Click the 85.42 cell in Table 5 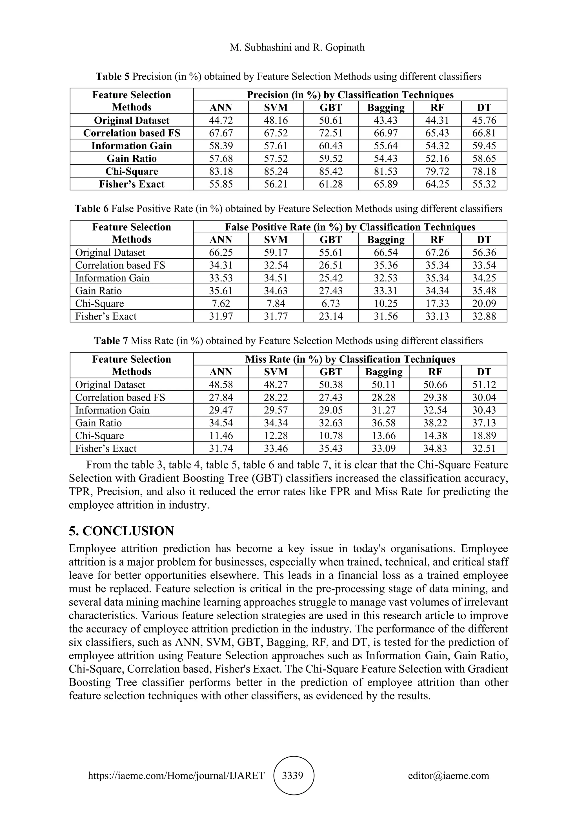point(330,171)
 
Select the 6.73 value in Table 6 point(330,303)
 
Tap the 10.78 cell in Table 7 point(330,436)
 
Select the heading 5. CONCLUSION point(121,531)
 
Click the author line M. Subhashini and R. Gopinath point(297,48)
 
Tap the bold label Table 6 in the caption point(91,209)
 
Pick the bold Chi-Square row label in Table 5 point(132,171)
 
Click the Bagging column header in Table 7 point(384,372)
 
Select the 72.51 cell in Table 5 point(330,133)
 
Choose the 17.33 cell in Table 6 point(437,303)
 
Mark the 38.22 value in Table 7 point(435,423)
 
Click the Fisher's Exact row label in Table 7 point(106,449)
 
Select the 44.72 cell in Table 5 point(221,120)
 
